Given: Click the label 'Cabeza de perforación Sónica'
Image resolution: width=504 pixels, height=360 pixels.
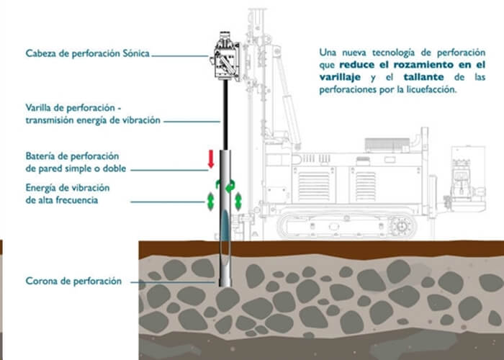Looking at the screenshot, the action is coord(87,53).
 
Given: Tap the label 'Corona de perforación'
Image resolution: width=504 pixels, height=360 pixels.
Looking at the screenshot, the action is coord(73,281).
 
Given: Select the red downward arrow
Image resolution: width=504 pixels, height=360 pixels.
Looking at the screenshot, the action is coord(211,159).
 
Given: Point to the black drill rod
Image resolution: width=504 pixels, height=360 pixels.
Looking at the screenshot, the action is coord(225,115).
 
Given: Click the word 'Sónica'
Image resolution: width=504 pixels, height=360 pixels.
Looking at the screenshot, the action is coord(136,53).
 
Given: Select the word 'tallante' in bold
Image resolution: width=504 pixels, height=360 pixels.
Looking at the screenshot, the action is coord(423,77).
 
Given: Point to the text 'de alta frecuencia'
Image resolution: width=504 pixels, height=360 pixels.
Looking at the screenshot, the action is coord(62,200).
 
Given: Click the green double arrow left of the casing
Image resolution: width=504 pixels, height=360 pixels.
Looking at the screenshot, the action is coord(210,201).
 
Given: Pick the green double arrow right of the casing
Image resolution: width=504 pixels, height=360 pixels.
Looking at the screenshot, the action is coord(238,201).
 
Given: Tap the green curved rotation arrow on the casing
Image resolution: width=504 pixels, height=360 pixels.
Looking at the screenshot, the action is coord(230,186).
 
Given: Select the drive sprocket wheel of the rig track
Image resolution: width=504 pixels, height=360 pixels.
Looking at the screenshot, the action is coord(402,226).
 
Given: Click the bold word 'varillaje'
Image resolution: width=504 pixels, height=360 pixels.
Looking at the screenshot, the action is coord(340,77).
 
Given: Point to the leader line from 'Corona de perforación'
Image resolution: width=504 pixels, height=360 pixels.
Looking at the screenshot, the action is coord(173,282).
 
